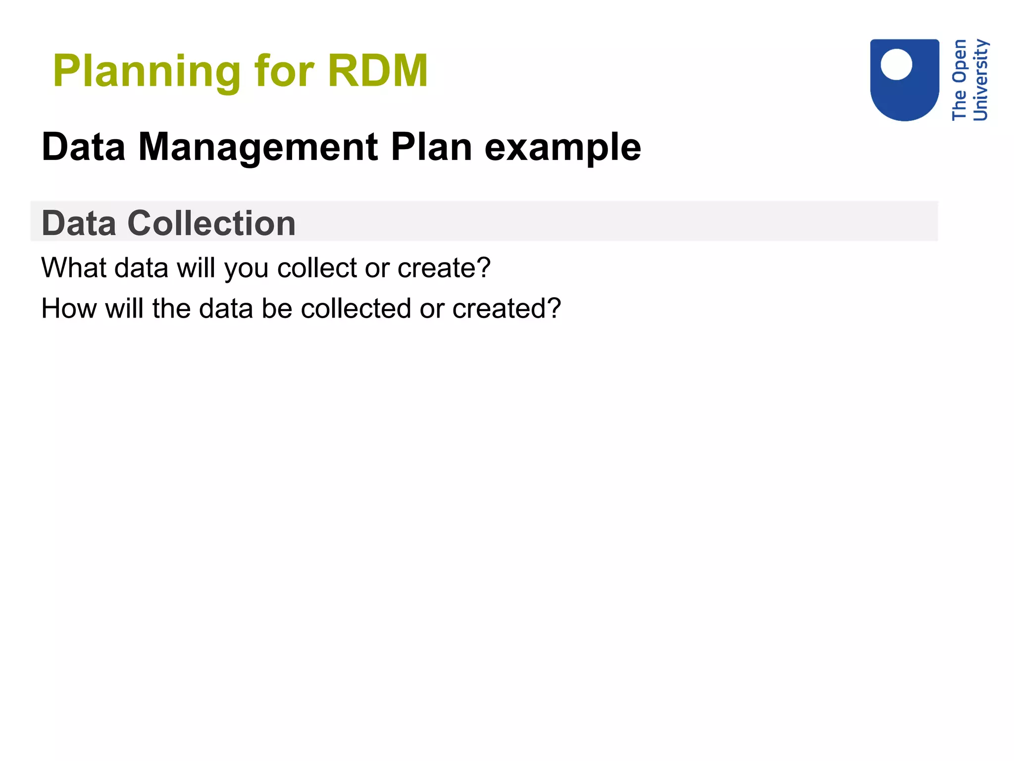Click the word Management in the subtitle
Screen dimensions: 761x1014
258,148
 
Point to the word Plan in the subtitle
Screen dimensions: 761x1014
431,147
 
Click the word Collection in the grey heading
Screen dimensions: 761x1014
211,223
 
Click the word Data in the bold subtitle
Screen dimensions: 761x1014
84,147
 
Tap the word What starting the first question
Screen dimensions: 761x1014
74,268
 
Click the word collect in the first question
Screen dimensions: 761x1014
317,268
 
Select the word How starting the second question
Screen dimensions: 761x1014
69,309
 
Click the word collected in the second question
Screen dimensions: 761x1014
356,309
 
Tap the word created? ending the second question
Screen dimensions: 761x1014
507,309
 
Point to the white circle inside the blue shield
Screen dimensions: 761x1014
896,64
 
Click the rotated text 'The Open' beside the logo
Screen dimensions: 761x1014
959,80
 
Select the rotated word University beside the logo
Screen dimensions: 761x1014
981,80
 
